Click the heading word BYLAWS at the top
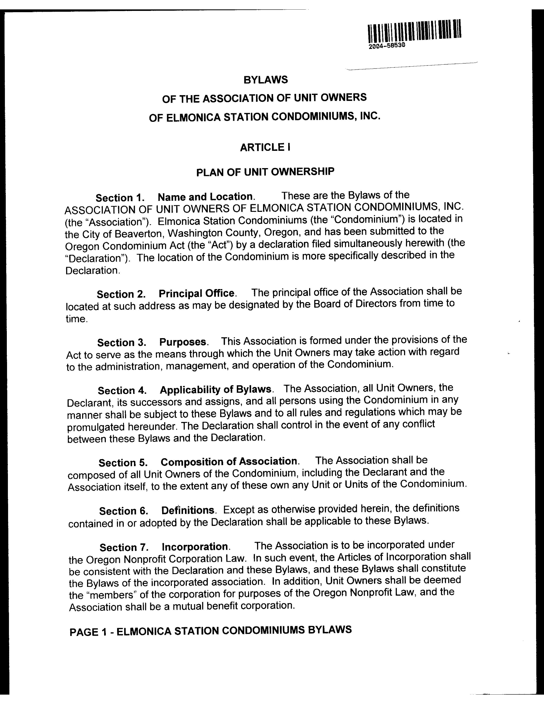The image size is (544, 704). (x=266, y=80)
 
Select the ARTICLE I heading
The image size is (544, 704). (x=265, y=147)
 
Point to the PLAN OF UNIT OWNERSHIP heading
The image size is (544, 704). (x=265, y=172)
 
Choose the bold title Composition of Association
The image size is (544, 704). (x=229, y=462)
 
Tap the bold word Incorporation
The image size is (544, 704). (x=195, y=547)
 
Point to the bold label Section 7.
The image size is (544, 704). (x=124, y=547)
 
